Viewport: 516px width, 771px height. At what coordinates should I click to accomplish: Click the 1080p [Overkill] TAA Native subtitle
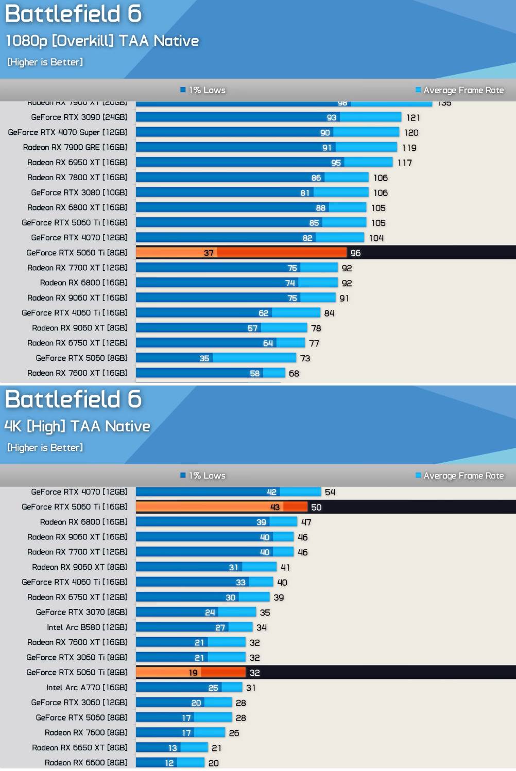[x=102, y=41]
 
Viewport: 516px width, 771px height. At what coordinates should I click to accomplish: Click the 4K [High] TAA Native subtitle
[x=77, y=426]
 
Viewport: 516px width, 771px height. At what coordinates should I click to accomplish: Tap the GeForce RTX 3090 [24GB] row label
[x=79, y=117]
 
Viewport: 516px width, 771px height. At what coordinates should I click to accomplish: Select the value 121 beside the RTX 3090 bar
[x=413, y=118]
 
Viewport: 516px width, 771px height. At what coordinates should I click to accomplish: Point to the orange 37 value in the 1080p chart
[x=209, y=253]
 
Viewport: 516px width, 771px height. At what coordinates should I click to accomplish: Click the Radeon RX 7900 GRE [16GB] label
[x=75, y=147]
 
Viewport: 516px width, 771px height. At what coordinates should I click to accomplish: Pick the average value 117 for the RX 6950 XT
[x=404, y=163]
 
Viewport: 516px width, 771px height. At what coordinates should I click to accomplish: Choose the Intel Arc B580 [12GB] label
[x=87, y=627]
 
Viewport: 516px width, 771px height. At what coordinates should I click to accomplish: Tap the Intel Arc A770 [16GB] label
[x=87, y=688]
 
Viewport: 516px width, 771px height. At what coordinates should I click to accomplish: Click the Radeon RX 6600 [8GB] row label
[x=86, y=763]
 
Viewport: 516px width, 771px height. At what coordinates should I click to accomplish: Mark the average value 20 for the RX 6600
[x=214, y=763]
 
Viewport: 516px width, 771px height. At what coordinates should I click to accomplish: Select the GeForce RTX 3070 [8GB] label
[x=81, y=612]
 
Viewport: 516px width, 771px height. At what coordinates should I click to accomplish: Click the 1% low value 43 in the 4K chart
[x=275, y=507]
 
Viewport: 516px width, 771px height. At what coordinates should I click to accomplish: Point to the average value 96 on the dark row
[x=355, y=253]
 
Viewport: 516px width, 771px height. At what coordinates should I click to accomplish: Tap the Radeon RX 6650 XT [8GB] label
[x=80, y=748]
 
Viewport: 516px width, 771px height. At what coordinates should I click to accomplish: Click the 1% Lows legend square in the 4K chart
[x=183, y=475]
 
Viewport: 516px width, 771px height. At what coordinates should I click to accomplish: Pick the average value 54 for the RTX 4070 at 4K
[x=330, y=492]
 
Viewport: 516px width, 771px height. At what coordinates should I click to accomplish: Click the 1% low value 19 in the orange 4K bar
[x=193, y=673]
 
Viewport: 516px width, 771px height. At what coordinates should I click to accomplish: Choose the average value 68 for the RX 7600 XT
[x=294, y=374]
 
